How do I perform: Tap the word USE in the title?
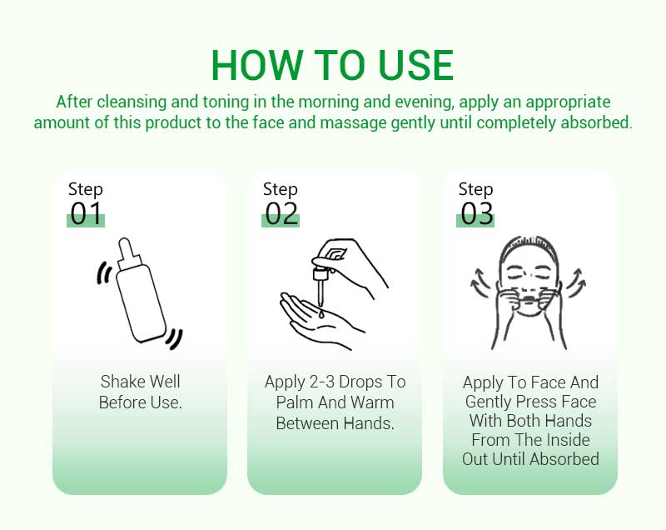[x=415, y=65]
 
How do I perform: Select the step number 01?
[x=86, y=213]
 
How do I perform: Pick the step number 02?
[x=281, y=213]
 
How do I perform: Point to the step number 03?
[x=476, y=213]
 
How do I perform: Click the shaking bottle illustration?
[x=139, y=292]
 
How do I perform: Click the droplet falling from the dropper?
[x=321, y=314]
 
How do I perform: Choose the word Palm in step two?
[x=296, y=402]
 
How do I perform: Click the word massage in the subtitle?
[x=353, y=123]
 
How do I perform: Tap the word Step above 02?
[x=281, y=189]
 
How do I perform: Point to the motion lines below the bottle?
[x=174, y=338]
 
